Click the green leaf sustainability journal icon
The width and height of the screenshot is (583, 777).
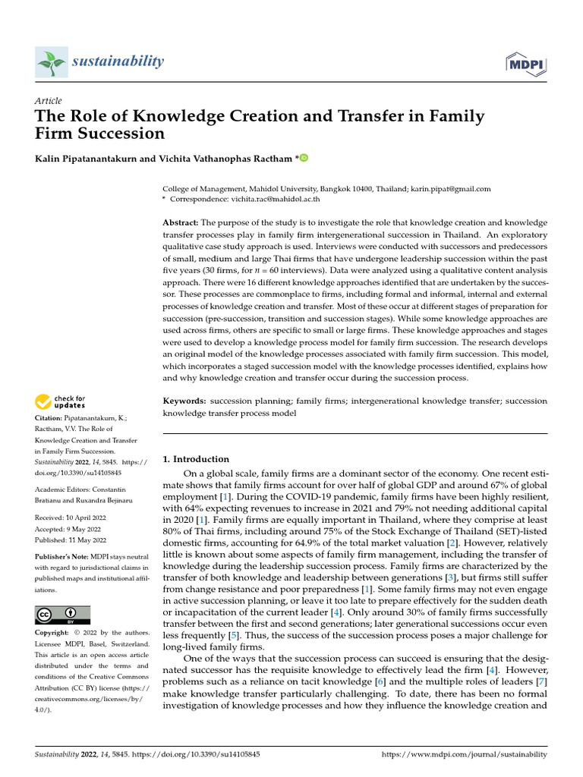click(51, 61)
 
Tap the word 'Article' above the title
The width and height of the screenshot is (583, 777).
click(49, 100)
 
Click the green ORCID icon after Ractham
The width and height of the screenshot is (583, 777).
click(304, 158)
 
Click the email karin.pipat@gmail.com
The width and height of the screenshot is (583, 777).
click(451, 189)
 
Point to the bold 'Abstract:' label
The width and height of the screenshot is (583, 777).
click(181, 222)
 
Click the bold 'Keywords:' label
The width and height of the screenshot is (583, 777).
click(184, 401)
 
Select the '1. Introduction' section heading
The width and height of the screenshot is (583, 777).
click(196, 459)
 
